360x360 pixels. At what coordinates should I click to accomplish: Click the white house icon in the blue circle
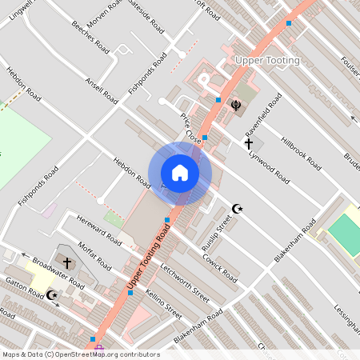tap(180, 173)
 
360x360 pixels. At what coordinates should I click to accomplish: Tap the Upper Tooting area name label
tap(268, 61)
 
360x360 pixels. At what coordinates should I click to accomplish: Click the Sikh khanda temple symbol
tap(237, 104)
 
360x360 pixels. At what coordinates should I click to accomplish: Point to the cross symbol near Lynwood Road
tap(249, 143)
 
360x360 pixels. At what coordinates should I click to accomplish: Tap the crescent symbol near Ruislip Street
tap(236, 209)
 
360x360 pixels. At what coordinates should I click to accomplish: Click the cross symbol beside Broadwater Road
tap(67, 262)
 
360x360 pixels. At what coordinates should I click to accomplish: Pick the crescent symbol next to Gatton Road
tap(52, 295)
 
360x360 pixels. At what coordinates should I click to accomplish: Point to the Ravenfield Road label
tap(264, 117)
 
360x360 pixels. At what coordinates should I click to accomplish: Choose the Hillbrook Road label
tap(301, 152)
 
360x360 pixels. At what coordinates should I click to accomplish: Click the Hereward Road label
tap(96, 229)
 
